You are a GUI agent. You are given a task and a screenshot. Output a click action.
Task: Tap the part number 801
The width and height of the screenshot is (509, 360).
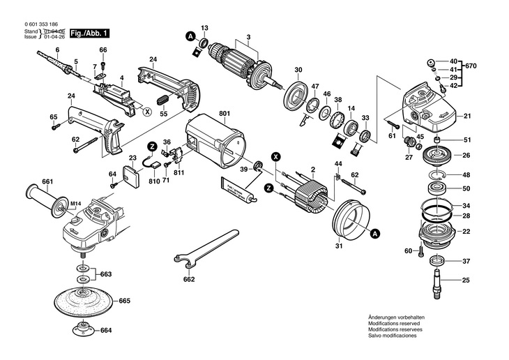click(x=224, y=113)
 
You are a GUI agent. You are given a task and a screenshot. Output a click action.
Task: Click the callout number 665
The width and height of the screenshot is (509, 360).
click(x=125, y=301)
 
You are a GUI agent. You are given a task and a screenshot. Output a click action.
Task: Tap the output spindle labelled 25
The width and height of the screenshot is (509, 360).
click(x=439, y=283)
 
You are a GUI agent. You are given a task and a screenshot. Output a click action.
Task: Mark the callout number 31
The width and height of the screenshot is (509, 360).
click(x=339, y=246)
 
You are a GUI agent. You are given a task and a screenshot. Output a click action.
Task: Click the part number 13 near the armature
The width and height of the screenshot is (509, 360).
click(x=205, y=28)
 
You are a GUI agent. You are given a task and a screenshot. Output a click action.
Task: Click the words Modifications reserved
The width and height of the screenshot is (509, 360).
click(x=393, y=323)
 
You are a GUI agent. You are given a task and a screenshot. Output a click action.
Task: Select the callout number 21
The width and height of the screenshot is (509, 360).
click(x=467, y=116)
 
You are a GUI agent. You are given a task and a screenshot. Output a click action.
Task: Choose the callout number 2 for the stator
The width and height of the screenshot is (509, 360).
click(x=314, y=170)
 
